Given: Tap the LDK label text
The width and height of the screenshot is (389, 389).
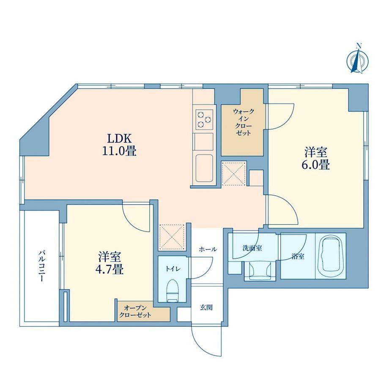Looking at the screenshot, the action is tap(119, 138).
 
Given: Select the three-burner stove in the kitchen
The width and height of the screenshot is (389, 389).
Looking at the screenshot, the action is tap(204, 119).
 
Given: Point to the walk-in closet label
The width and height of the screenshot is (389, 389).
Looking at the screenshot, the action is tap(244, 122).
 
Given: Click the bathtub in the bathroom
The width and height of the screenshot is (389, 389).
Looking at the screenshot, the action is tap(331, 255).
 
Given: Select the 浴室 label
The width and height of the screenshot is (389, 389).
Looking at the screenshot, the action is tap(298, 257).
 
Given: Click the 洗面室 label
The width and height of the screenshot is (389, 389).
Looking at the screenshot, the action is tap(252, 248).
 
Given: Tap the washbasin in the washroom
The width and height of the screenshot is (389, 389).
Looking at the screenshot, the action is tap(260, 270).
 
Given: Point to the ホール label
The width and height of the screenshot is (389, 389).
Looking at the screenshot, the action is tap(208, 249).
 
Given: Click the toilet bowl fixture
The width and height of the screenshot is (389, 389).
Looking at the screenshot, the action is tap(173, 291).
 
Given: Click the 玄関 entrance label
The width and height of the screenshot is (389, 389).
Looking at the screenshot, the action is tap(206, 308).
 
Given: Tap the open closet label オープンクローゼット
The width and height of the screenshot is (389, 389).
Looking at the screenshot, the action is tap(135, 312).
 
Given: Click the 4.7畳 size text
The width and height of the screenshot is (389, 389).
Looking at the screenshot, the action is tap(110, 269).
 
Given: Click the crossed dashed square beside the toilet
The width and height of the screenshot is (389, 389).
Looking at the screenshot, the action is tap(172, 237).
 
